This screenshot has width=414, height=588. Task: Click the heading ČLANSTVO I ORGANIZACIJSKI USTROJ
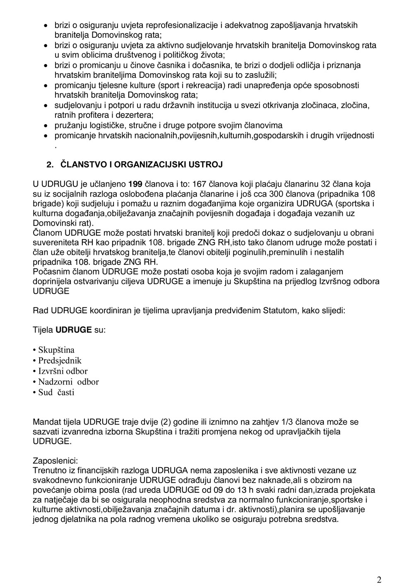(142, 165)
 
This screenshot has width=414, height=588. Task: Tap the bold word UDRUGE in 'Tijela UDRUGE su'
(74, 330)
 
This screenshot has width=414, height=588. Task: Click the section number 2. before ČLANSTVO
(50, 165)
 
